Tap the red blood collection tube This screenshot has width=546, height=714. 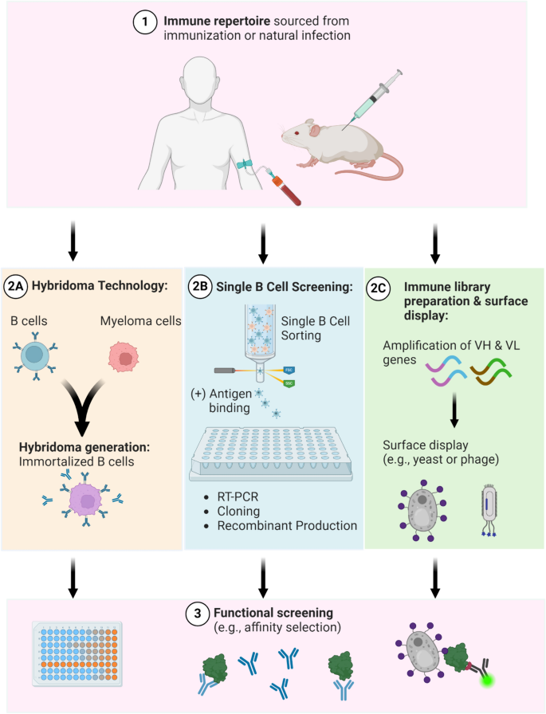(283, 191)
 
